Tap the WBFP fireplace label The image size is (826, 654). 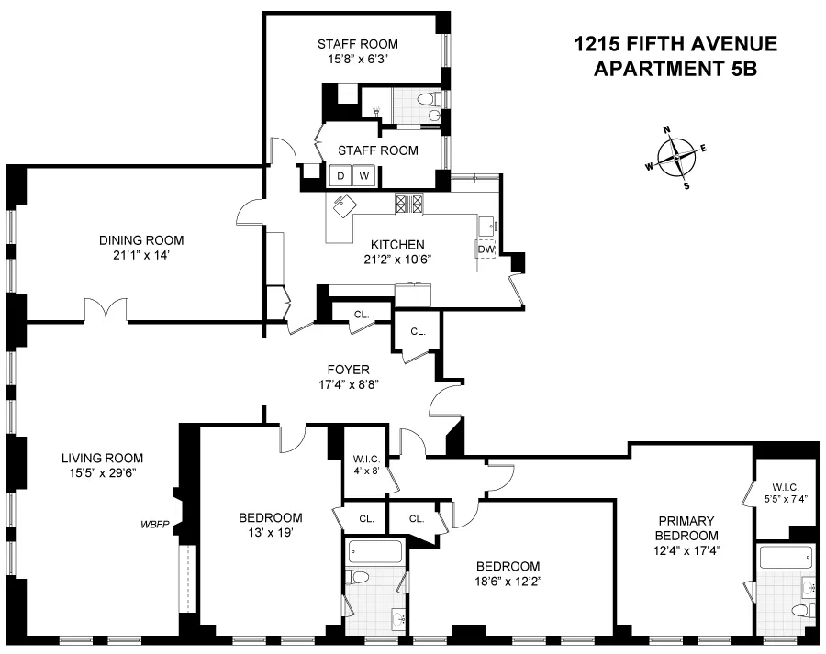(153, 525)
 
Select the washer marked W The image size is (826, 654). (364, 175)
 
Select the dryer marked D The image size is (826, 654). (340, 175)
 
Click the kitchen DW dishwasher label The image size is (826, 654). (486, 249)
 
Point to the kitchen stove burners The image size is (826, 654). (408, 204)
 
